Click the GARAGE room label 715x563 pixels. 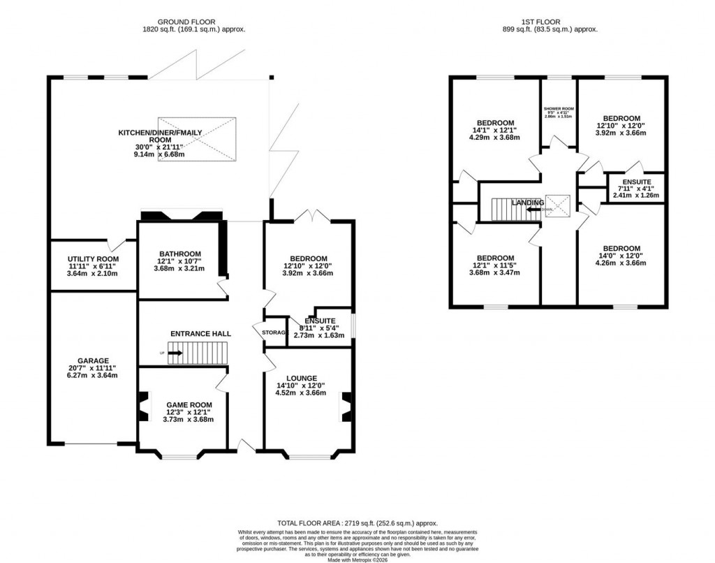[93, 361]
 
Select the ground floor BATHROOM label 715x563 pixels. [180, 254]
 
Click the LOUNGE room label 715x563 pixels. [301, 378]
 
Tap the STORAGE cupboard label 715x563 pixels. [274, 332]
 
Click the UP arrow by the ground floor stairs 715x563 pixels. [174, 353]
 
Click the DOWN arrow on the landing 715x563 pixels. [533, 209]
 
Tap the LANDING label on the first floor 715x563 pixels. [527, 203]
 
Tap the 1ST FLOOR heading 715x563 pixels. [559, 21]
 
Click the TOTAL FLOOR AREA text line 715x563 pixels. [357, 522]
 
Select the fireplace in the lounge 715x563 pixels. [344, 408]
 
